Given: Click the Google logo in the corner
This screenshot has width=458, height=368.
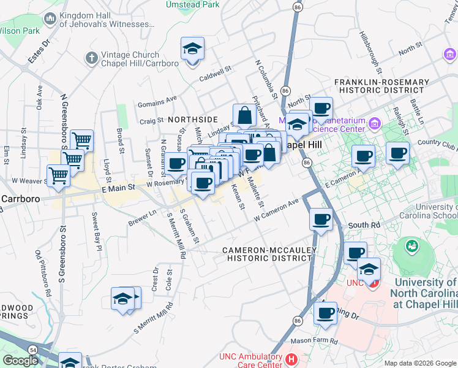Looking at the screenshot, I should click(x=21, y=361).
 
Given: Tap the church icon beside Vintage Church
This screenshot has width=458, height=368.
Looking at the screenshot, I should click(x=92, y=58).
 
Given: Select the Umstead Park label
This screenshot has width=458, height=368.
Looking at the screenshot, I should click(x=192, y=4).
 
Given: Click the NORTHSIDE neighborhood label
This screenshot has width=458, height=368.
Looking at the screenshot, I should click(x=193, y=119).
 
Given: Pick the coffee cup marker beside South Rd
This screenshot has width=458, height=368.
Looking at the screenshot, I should click(x=321, y=220).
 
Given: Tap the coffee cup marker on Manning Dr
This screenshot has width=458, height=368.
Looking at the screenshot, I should click(x=325, y=313).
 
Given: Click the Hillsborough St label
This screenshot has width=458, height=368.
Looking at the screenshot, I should click(x=371, y=53).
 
